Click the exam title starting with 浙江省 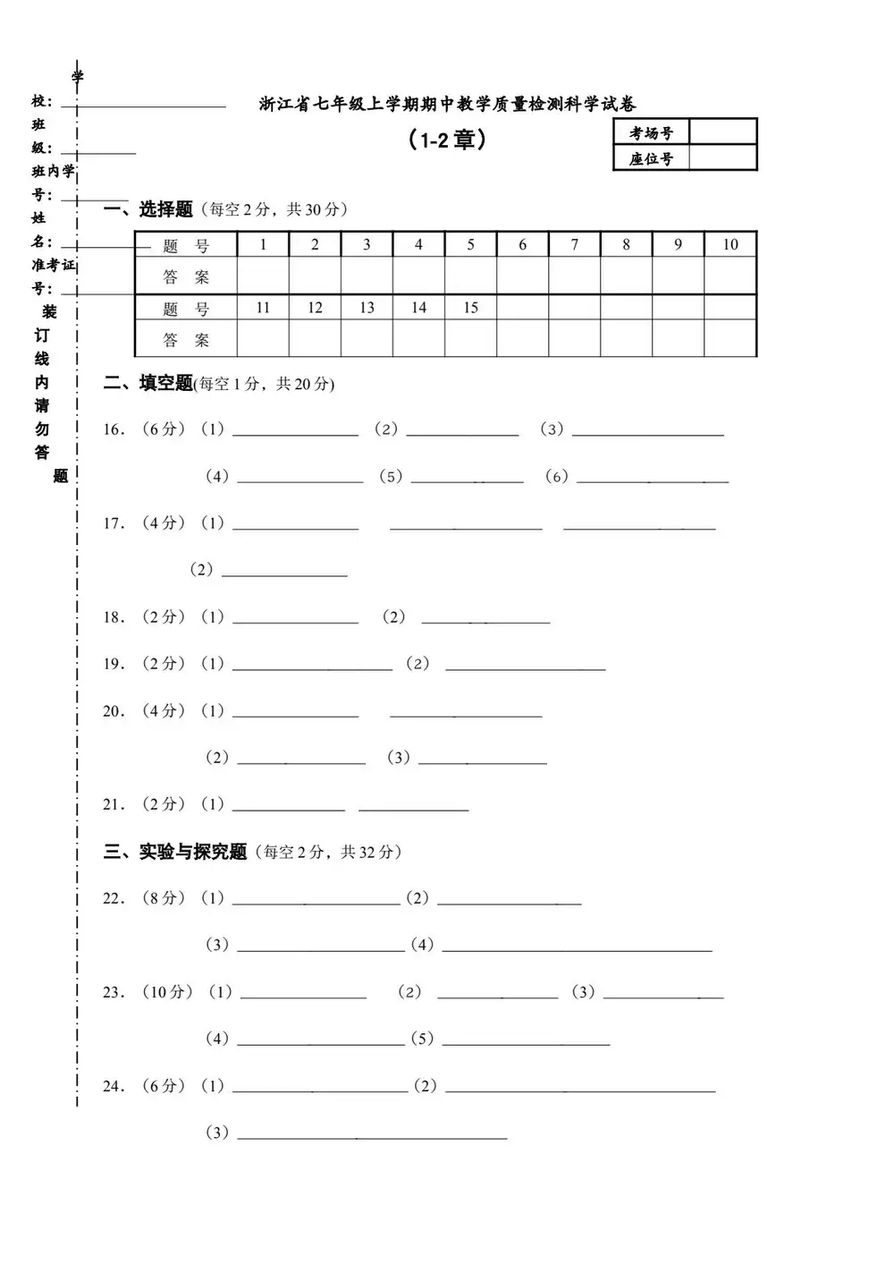pyautogui.click(x=447, y=105)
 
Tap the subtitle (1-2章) pyautogui.click(x=446, y=140)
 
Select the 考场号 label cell pyautogui.click(x=651, y=132)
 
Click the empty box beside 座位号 pyautogui.click(x=722, y=158)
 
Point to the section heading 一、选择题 pyautogui.click(x=148, y=209)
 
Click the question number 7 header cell pyautogui.click(x=574, y=244)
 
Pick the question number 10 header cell pyautogui.click(x=730, y=244)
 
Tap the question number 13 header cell pyautogui.click(x=367, y=308)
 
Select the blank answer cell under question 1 pyautogui.click(x=263, y=276)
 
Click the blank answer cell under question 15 pyautogui.click(x=470, y=339)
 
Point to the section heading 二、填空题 pyautogui.click(x=148, y=384)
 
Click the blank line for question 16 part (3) pyautogui.click(x=647, y=430)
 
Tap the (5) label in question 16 pyautogui.click(x=391, y=477)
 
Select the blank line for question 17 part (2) pyautogui.click(x=283, y=571)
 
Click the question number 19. pyautogui.click(x=114, y=664)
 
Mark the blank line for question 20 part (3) pyautogui.click(x=482, y=759)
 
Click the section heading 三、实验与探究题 pyautogui.click(x=175, y=852)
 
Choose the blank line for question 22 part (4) pyautogui.click(x=577, y=946)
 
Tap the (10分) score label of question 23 pyautogui.click(x=168, y=992)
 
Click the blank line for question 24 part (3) pyautogui.click(x=371, y=1133)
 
